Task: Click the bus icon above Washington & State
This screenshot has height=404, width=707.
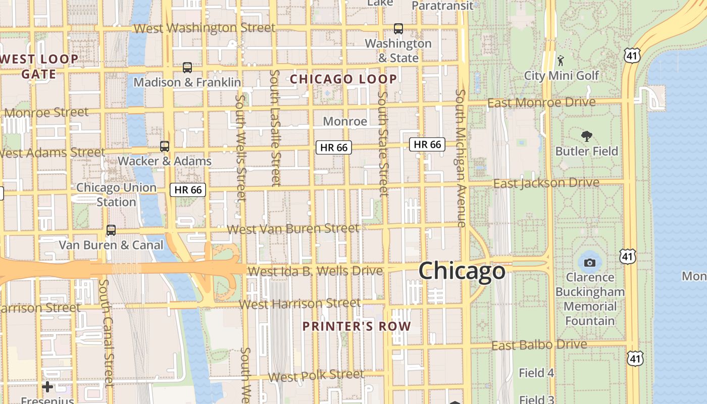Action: click(398, 29)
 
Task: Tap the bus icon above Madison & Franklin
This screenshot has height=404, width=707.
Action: click(187, 67)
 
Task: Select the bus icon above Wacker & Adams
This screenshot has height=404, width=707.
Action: click(165, 146)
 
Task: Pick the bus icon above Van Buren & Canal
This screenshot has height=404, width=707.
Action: click(111, 230)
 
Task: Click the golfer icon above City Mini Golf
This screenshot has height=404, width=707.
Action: click(561, 61)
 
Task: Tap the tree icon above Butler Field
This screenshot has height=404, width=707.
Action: click(587, 136)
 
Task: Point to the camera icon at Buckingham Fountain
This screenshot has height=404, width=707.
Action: click(589, 263)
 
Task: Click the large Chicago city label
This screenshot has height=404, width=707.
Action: click(462, 271)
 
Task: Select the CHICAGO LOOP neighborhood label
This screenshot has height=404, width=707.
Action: click(343, 79)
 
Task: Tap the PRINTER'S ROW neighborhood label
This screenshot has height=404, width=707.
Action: click(357, 326)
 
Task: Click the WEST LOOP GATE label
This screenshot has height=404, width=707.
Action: click(39, 67)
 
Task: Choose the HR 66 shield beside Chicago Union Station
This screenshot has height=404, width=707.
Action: click(188, 190)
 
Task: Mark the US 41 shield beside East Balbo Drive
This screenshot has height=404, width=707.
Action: click(633, 358)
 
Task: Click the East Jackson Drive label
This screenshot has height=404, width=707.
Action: click(546, 183)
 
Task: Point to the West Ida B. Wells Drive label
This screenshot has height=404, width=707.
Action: click(316, 271)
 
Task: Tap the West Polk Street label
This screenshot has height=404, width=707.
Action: click(316, 376)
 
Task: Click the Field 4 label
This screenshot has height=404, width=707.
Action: click(536, 373)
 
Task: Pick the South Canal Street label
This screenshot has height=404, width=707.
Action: click(107, 333)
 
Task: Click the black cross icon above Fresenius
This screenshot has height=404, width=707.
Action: click(47, 387)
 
